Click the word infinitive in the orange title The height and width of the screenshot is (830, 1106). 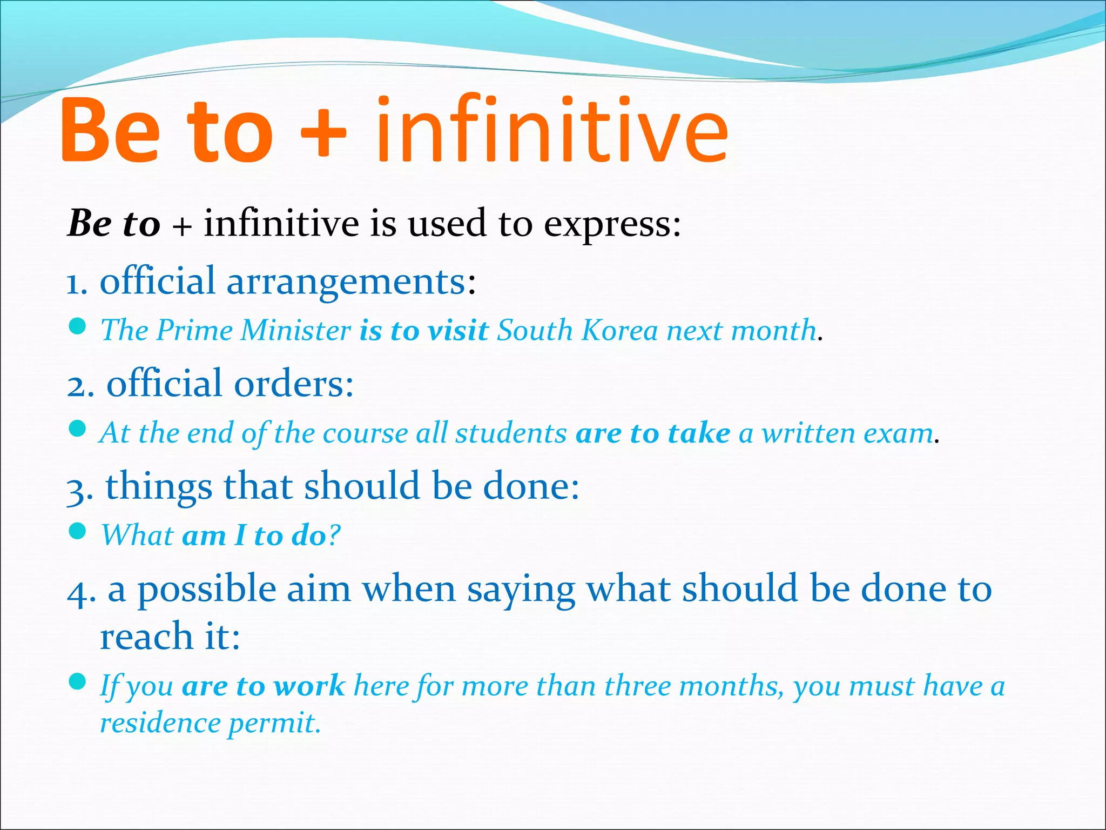pos(552,130)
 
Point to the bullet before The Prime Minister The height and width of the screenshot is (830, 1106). pos(78,326)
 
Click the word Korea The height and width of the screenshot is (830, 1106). pos(620,330)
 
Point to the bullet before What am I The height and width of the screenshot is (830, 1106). pos(78,531)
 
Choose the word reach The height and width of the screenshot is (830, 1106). pos(146,637)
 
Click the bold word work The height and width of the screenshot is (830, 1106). pos(309,686)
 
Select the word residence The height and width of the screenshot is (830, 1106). pos(160,723)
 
